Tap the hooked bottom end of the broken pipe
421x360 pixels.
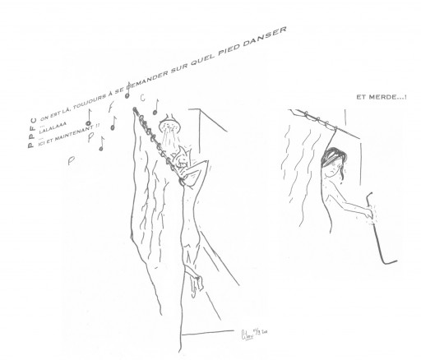click(386, 261)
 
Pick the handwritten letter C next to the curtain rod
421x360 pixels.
click(142, 99)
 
